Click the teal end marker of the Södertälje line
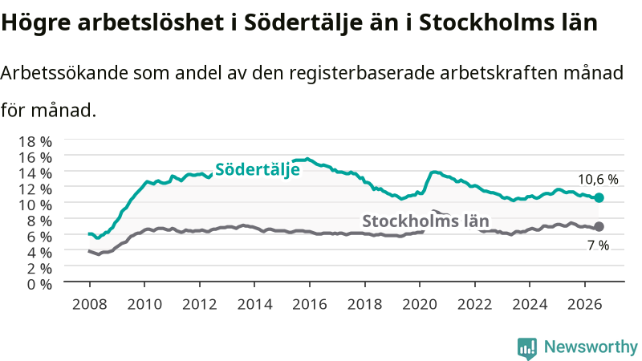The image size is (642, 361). coord(599,197)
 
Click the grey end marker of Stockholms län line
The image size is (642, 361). coord(599,226)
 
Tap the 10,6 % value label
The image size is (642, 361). coord(598,179)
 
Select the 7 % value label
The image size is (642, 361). coord(598,245)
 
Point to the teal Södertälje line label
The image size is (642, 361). coord(258,169)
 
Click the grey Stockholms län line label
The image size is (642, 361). coord(426,221)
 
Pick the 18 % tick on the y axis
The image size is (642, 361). coord(35,142)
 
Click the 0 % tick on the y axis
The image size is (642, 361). coord(39,284)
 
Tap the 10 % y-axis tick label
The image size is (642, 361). coord(35,205)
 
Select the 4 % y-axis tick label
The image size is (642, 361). coord(39,253)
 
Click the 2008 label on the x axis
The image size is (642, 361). coord(90,304)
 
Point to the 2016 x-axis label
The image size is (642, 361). coord(310,304)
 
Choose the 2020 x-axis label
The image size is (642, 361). coord(420,304)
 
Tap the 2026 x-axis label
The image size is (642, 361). coord(585,304)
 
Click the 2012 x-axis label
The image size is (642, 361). coord(199,304)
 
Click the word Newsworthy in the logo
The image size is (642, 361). coord(591,347)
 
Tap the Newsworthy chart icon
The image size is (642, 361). coord(527,348)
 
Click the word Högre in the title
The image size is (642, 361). coord(36,22)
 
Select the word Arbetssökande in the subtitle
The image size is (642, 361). coord(64,73)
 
